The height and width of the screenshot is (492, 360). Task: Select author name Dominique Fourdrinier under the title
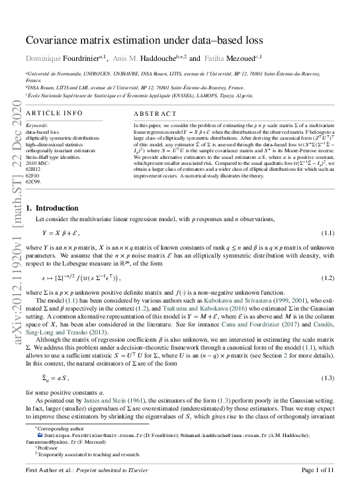click(73, 58)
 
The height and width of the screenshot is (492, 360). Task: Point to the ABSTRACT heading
click(156, 114)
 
